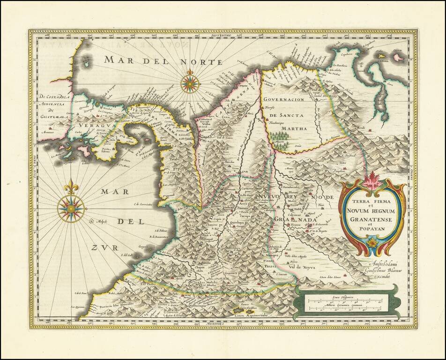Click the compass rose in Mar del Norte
(x=190, y=84)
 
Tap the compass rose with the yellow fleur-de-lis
(x=71, y=208)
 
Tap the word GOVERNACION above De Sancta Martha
(x=283, y=99)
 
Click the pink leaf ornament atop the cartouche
(x=372, y=180)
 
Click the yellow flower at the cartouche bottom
(x=372, y=242)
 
